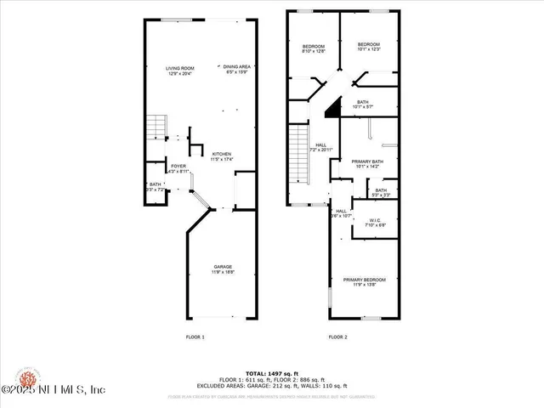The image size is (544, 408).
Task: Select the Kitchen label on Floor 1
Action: (222, 156)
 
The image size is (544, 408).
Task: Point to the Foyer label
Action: (178, 169)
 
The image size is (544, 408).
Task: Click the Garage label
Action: (223, 269)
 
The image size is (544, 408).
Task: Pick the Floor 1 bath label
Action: (155, 187)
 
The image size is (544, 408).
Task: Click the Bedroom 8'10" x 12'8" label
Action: (314, 49)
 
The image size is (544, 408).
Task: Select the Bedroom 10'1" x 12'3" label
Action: (368, 47)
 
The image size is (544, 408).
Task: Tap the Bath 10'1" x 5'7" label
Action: (363, 105)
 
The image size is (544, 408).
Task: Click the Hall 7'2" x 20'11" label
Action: (320, 148)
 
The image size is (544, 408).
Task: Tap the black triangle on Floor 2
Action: (335, 106)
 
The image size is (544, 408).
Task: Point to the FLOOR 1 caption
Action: (195, 337)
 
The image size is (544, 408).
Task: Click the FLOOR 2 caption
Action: (338, 337)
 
